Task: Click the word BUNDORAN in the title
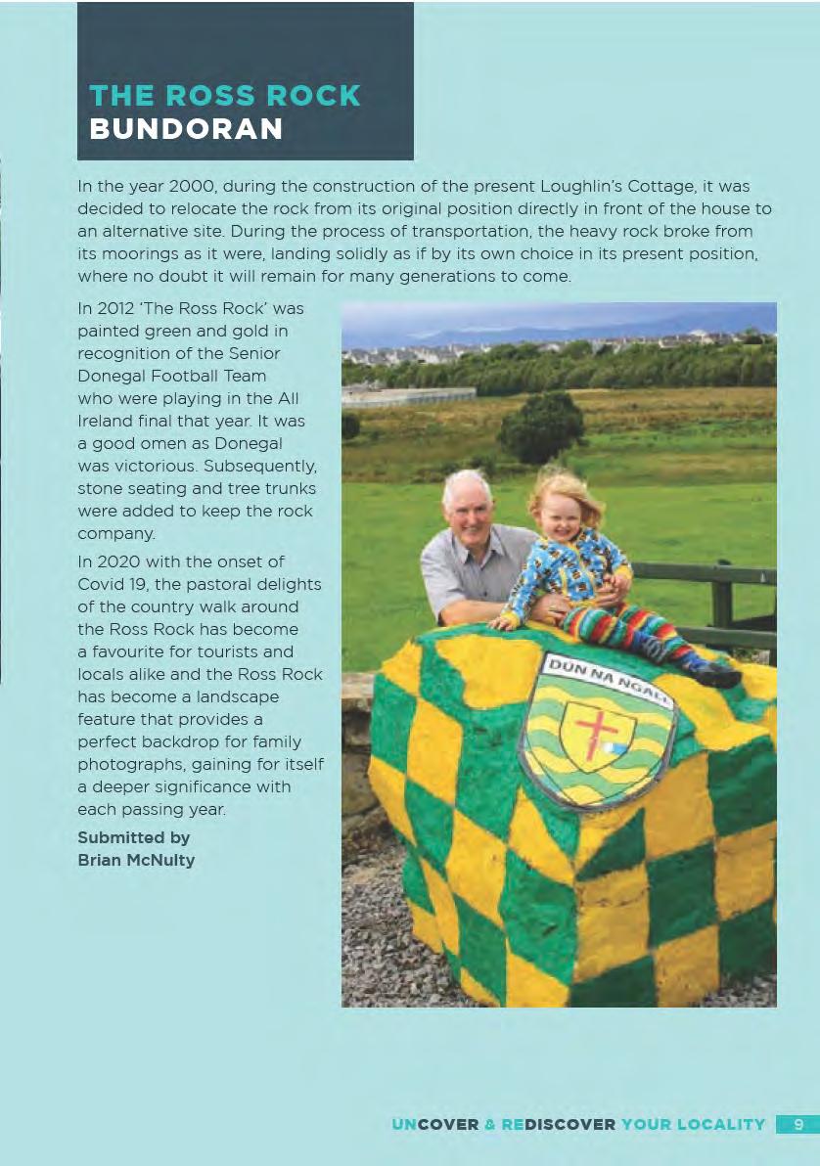click(186, 128)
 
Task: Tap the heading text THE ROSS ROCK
click(224, 96)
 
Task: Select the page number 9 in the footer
click(798, 1124)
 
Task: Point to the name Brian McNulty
click(136, 861)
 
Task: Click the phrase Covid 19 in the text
click(110, 583)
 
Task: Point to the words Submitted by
click(133, 838)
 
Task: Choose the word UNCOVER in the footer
click(435, 1125)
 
